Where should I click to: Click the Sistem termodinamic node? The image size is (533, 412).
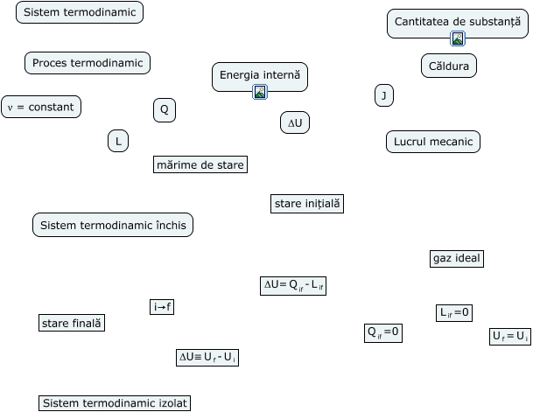point(80,12)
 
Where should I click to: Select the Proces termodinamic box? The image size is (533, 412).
point(88,63)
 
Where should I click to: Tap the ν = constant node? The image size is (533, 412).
point(41,107)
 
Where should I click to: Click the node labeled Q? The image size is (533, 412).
point(164,109)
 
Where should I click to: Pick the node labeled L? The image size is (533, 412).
point(118,141)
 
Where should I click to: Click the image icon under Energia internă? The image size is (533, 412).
point(260,92)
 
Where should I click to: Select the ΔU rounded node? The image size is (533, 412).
point(295,123)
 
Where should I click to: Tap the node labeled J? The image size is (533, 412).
point(383,95)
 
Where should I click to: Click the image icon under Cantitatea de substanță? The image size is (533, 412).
point(458,38)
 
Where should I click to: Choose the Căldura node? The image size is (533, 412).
point(448,66)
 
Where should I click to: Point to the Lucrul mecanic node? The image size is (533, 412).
point(432,141)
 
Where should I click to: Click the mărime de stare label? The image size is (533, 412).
point(200,164)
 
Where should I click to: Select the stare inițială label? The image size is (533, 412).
point(307,204)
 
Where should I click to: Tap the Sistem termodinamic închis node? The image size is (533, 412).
point(112,225)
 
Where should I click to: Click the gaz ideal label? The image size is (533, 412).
point(457,258)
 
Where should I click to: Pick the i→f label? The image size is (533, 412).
point(162,306)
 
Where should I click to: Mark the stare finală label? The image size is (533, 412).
point(72,323)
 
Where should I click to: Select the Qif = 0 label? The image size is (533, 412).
point(382,332)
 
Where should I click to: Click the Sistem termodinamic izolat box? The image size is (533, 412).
point(115,402)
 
